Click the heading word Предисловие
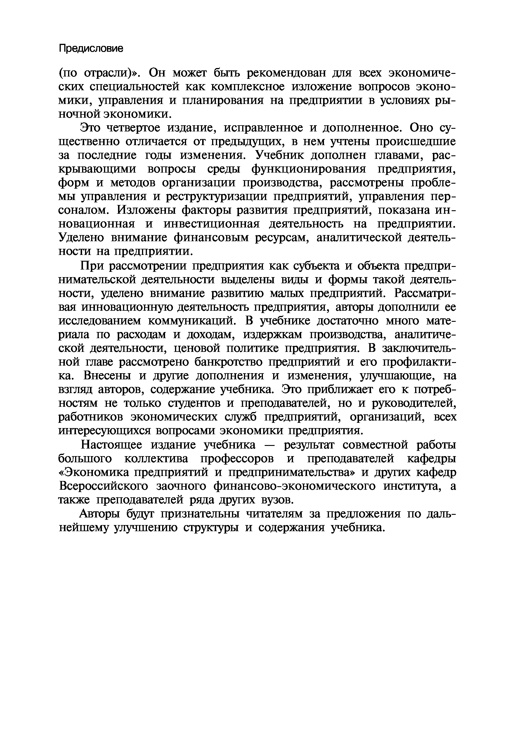pos(91,48)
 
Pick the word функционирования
pos(308,169)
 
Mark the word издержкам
pos(273,334)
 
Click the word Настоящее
pos(112,445)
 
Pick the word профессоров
pos(237,459)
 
